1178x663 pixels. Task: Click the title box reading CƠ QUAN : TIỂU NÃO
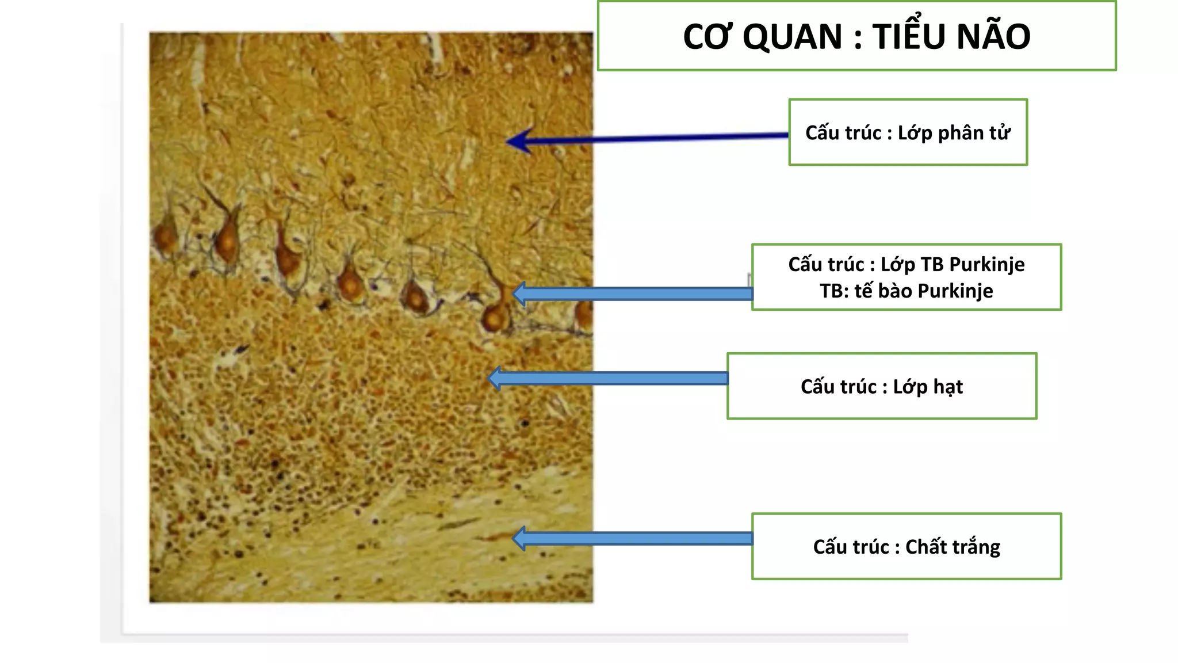pos(856,36)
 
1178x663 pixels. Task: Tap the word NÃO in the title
pos(990,37)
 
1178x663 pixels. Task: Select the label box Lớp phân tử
pos(908,132)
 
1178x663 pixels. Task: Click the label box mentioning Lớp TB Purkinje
pos(906,277)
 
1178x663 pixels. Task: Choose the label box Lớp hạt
pos(881,386)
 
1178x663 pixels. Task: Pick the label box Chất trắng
pos(906,546)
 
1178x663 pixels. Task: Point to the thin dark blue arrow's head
pos(518,141)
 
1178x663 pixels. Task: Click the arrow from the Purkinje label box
pos(633,294)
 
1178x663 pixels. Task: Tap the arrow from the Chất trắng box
pos(633,539)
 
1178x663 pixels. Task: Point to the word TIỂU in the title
pos(911,37)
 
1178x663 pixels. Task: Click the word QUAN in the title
pos(792,37)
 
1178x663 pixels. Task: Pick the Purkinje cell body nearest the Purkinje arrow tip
pos(495,317)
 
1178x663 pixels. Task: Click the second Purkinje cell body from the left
pos(227,241)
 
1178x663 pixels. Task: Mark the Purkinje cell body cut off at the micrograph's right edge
pos(584,315)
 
